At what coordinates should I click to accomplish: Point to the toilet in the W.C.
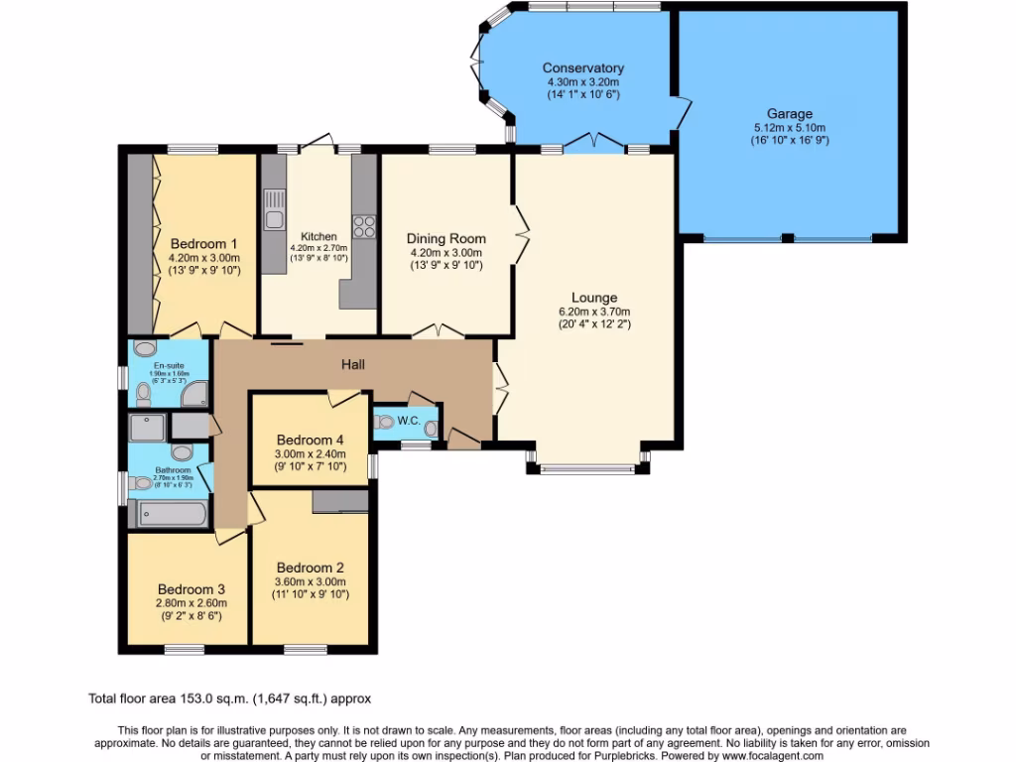pyautogui.click(x=385, y=421)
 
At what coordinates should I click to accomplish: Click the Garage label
pyautogui.click(x=789, y=114)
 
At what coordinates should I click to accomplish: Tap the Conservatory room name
pyautogui.click(x=582, y=68)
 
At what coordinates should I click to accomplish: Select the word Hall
pyautogui.click(x=353, y=365)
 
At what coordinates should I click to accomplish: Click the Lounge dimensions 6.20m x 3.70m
pyautogui.click(x=594, y=311)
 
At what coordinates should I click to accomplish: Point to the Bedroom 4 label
pyautogui.click(x=311, y=440)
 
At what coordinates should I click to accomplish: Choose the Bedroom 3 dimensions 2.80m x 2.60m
pyautogui.click(x=191, y=602)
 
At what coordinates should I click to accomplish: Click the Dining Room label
pyautogui.click(x=445, y=238)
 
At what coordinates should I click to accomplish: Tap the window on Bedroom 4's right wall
pyautogui.click(x=372, y=465)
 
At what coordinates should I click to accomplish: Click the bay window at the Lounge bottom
pyautogui.click(x=585, y=467)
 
